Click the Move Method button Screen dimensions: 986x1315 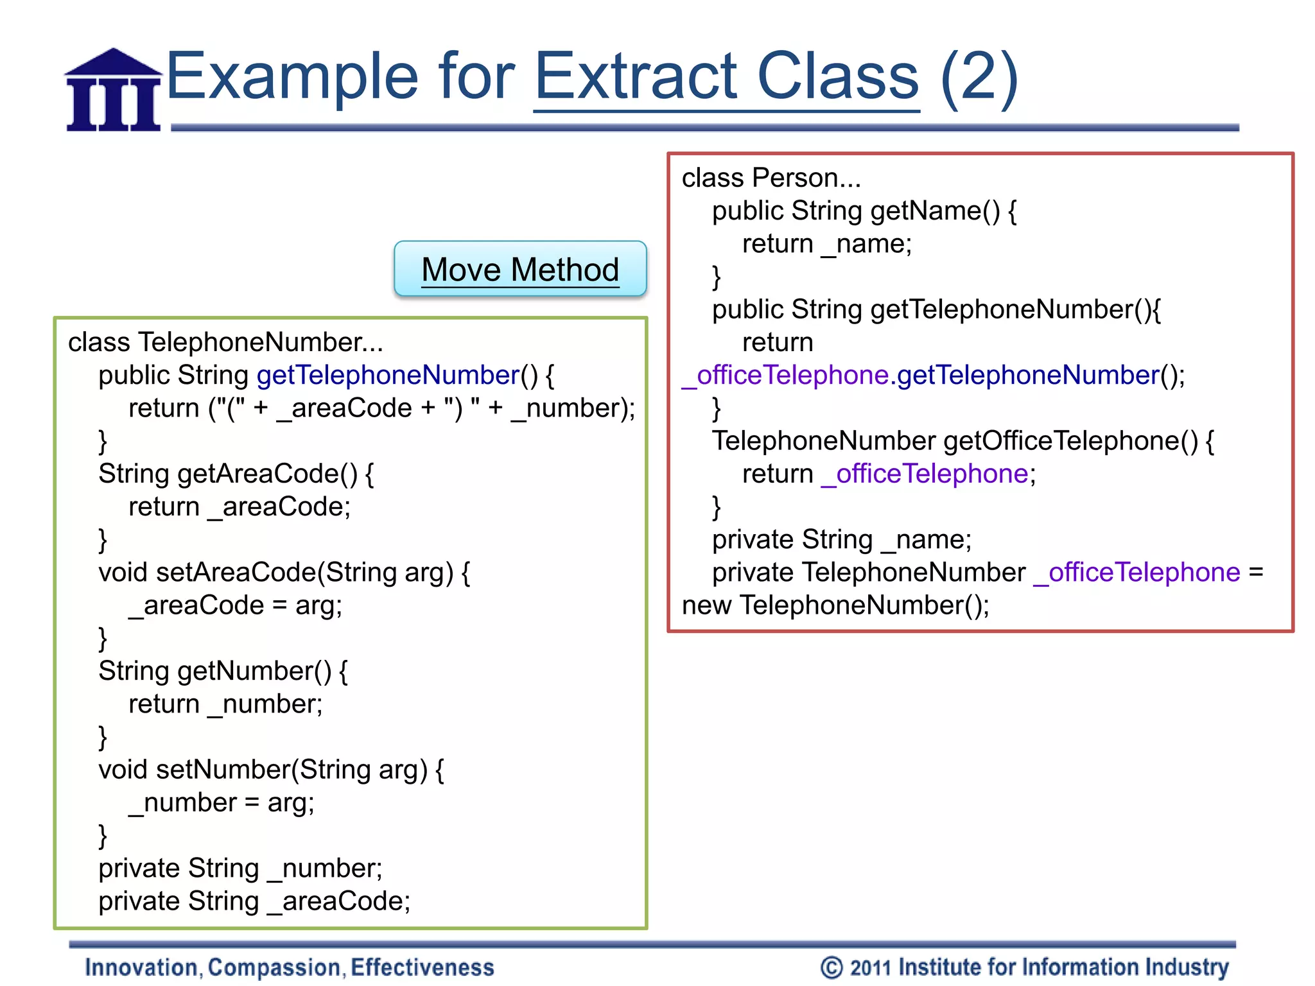coord(520,269)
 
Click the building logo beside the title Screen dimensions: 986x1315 coord(114,91)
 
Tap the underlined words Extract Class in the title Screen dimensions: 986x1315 coord(726,77)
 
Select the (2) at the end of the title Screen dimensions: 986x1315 coord(979,77)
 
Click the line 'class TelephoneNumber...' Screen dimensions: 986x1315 coord(225,342)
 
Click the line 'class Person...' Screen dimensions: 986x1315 coord(771,178)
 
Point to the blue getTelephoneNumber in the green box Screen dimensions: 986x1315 coord(388,375)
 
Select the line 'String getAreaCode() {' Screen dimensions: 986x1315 coord(236,474)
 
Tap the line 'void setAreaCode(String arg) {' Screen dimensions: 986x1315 coord(284,572)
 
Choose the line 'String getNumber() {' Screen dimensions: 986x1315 coord(223,671)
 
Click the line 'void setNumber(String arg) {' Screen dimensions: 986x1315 coord(271,770)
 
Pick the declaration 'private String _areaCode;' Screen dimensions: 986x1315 coord(254,901)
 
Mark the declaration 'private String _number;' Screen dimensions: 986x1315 coord(240,869)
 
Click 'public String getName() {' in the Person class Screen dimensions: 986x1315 coord(864,211)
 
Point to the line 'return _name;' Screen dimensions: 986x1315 coord(827,244)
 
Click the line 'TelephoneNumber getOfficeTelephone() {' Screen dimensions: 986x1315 coord(962,441)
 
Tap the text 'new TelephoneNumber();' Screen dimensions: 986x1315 coord(835,605)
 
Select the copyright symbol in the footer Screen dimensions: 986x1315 coord(832,967)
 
